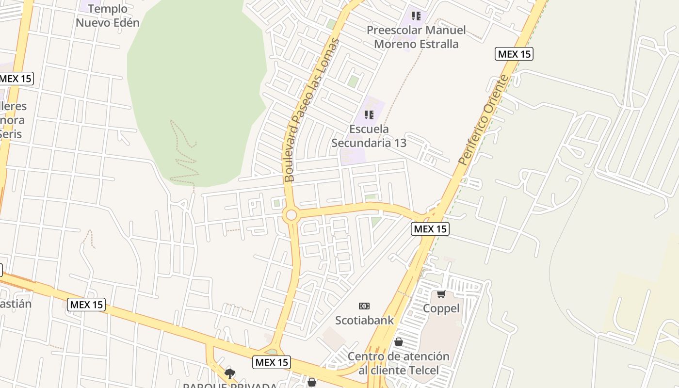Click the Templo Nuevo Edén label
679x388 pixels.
(x=108, y=16)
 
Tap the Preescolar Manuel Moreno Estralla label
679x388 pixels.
(x=416, y=37)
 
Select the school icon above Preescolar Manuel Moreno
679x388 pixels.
(x=416, y=16)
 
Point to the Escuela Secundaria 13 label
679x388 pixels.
(x=369, y=136)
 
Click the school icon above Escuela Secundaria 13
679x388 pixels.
(x=369, y=115)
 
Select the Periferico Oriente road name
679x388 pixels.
(x=485, y=120)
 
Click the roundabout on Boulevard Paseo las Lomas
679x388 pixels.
(x=291, y=215)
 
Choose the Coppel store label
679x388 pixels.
(x=441, y=308)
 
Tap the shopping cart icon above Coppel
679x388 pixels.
(x=441, y=294)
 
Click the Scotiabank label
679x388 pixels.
(x=364, y=320)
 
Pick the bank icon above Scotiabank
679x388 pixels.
(x=364, y=306)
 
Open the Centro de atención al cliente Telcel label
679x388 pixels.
(x=398, y=363)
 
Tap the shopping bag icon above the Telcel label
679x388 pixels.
(x=398, y=342)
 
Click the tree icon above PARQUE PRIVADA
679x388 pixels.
(x=230, y=373)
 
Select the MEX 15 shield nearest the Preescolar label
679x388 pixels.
(x=514, y=54)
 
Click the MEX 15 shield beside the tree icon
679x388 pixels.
(x=272, y=362)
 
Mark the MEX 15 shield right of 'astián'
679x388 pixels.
(x=86, y=305)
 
